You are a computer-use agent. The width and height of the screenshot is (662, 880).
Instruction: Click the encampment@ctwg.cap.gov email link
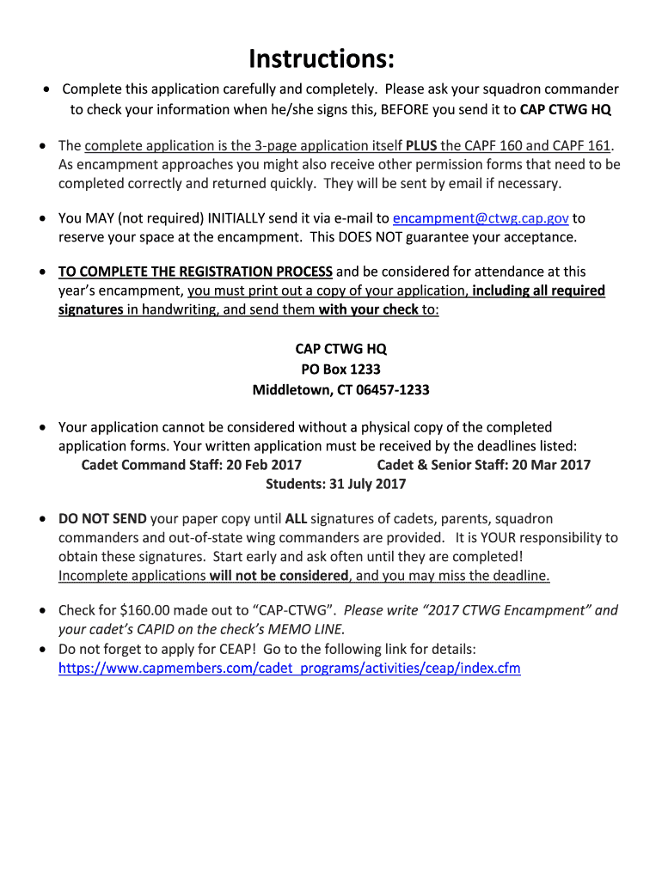tap(481, 218)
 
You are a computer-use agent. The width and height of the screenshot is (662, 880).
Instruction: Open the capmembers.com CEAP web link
tap(289, 668)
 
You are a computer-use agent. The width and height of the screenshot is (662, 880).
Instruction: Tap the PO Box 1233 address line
tap(340, 370)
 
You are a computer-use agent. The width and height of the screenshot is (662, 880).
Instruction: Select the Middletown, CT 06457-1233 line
tap(340, 390)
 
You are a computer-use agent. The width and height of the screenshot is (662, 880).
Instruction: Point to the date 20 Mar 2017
tap(551, 465)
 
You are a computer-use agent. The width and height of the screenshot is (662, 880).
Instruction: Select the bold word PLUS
tap(420, 144)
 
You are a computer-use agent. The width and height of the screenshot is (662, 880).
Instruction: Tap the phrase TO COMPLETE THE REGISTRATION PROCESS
tap(195, 272)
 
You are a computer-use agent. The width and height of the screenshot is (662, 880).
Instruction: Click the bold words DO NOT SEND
tap(102, 519)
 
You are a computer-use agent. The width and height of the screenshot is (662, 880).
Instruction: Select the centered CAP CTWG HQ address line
tap(340, 349)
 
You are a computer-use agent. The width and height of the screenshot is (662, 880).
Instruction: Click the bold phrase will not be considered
tap(284, 576)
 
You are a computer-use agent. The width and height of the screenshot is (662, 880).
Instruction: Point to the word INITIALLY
tap(220, 218)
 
